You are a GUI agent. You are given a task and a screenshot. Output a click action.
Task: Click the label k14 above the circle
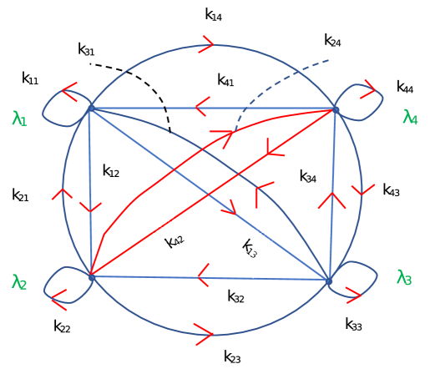[215, 16]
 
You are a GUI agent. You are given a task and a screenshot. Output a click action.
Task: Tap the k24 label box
[332, 42]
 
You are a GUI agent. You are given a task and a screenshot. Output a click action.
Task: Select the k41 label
[226, 81]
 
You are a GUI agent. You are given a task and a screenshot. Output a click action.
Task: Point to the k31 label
[87, 49]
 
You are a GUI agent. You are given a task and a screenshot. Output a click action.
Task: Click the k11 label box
[31, 79]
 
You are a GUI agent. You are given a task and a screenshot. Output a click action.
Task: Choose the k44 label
[405, 88]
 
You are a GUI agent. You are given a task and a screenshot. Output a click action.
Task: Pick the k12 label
[111, 172]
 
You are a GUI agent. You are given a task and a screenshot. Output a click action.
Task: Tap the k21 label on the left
[21, 195]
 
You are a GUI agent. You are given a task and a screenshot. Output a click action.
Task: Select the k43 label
[392, 190]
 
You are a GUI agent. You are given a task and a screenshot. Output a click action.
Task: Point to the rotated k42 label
[175, 241]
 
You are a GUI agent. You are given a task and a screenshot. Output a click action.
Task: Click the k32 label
[236, 296]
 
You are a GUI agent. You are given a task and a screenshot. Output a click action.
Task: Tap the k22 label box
[63, 327]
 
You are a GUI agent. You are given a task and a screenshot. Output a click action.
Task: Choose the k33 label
[354, 325]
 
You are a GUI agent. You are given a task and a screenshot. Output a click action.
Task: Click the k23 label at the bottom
[233, 358]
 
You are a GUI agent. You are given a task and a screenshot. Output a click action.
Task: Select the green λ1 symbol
[20, 119]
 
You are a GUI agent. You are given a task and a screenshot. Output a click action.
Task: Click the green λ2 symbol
[20, 282]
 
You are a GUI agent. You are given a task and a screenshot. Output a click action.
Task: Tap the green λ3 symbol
[404, 277]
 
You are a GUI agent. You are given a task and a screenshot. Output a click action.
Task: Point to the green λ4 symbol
[410, 117]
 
